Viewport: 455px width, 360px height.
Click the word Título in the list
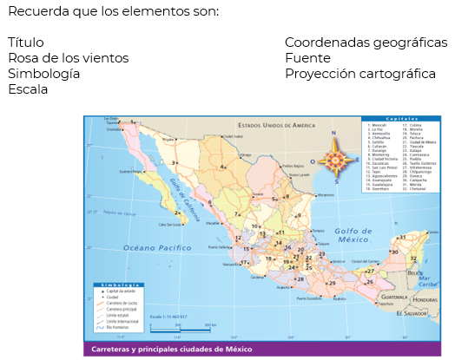[26, 42]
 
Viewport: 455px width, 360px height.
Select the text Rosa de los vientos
[68, 57]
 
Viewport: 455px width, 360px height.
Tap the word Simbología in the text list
[43, 73]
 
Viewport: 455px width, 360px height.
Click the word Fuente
[307, 57]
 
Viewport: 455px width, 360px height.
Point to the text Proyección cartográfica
[359, 73]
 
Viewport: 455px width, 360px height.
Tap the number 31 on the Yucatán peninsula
[401, 236]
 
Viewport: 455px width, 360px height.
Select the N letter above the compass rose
[334, 134]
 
